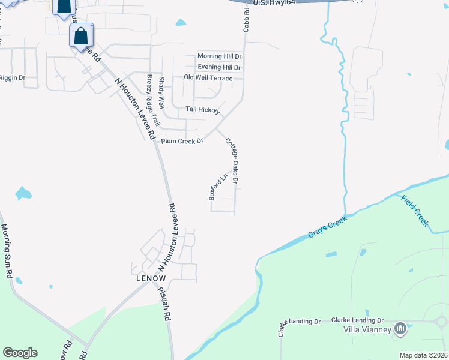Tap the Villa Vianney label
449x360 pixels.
click(x=367, y=329)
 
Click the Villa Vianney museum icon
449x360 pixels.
click(x=400, y=329)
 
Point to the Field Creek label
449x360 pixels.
click(x=415, y=211)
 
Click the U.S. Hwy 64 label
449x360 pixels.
click(x=276, y=4)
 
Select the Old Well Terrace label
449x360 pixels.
click(x=208, y=78)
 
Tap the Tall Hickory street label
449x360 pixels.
click(x=203, y=109)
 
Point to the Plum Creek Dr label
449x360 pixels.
click(x=183, y=141)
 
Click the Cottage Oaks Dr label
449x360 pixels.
click(x=232, y=160)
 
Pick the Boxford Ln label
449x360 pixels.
click(x=217, y=187)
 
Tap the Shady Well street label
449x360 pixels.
click(x=161, y=95)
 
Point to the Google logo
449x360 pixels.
click(x=20, y=353)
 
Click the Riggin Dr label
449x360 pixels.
click(x=12, y=78)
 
